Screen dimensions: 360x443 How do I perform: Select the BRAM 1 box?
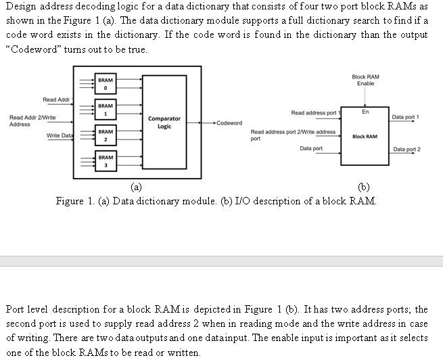105,110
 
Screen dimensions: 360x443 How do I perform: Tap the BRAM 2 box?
105,135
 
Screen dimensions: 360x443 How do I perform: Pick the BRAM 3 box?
105,161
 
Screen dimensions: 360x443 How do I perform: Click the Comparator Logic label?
164,122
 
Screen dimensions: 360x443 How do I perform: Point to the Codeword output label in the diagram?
229,123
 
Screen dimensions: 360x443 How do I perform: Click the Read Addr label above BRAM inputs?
56,100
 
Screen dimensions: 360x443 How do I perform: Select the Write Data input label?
60,136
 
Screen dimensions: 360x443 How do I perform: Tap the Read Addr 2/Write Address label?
32,121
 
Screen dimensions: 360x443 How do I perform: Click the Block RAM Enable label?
365,80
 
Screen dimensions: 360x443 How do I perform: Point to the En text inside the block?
365,112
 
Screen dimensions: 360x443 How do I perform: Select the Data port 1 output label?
406,117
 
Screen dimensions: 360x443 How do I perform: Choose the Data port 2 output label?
406,149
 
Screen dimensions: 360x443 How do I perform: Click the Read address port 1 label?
314,112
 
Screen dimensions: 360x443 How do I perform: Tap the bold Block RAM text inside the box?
365,137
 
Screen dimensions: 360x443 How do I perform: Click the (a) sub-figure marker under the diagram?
136,187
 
